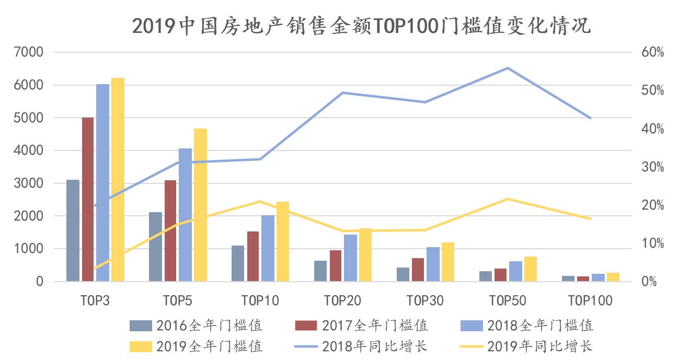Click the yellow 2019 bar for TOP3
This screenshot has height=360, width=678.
click(x=118, y=180)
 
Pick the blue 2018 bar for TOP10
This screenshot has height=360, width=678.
click(x=268, y=248)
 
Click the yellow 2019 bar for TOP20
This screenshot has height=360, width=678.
click(x=365, y=255)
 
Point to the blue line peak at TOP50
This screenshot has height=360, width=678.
click(x=507, y=68)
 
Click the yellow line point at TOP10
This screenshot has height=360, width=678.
click(x=260, y=201)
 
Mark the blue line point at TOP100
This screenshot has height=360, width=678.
click(x=590, y=118)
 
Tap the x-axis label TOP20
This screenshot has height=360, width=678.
click(x=342, y=300)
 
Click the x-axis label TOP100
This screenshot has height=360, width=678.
click(x=590, y=300)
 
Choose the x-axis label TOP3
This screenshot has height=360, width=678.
click(x=95, y=300)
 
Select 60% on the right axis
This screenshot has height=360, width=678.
click(x=652, y=52)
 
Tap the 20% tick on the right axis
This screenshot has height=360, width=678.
click(x=652, y=205)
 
